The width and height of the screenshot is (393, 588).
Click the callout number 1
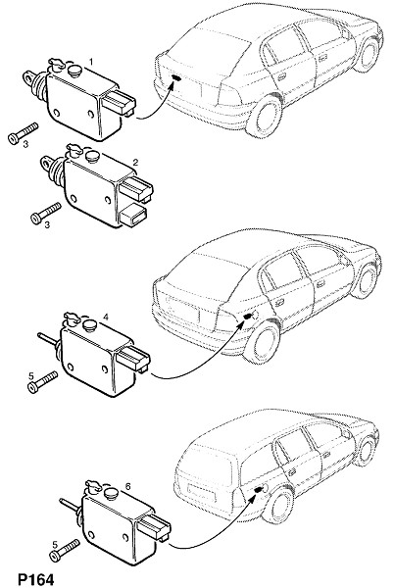coord(91,61)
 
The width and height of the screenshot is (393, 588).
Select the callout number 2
coord(135,162)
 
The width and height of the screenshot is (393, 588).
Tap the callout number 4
coord(106,318)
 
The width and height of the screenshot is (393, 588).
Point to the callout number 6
coord(127,486)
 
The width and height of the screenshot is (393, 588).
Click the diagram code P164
coord(36,579)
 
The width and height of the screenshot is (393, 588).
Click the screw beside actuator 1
coord(23,132)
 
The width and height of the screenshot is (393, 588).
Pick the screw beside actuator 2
coord(46,213)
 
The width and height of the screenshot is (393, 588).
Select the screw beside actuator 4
coord(43,382)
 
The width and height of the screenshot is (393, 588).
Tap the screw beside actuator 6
coord(65,550)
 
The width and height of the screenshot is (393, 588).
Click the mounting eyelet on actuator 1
coord(29,76)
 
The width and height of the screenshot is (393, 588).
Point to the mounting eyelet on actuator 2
coord(46,162)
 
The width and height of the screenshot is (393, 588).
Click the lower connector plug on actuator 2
coord(133,216)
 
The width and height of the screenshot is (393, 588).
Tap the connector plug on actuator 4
coord(133,360)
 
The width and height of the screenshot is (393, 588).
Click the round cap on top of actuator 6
coord(112,493)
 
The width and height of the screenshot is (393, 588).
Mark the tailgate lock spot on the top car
coord(176,77)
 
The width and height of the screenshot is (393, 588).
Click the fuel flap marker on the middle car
coord(247,317)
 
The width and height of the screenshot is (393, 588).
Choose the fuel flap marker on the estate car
coord(258,489)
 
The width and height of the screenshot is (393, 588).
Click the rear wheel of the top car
coord(264,115)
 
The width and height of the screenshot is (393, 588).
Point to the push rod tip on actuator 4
coord(38,334)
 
